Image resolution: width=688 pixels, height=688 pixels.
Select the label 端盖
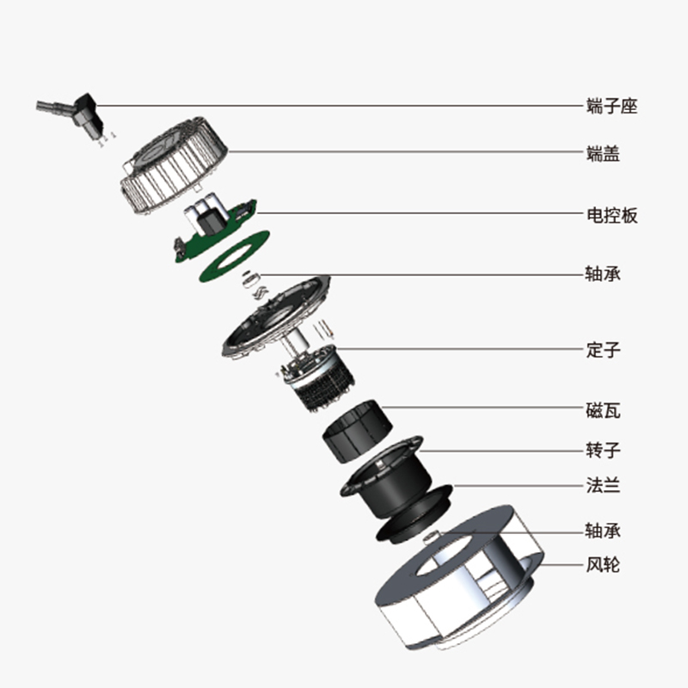pyautogui.click(x=602, y=154)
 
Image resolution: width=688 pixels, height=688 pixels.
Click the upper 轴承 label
pyautogui.click(x=602, y=274)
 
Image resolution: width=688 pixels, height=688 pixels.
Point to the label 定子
pyautogui.click(x=602, y=350)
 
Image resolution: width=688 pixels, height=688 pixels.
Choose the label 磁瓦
pyautogui.click(x=602, y=410)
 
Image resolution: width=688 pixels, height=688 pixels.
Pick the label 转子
pyautogui.click(x=602, y=450)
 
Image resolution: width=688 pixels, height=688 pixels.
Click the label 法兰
pyautogui.click(x=602, y=486)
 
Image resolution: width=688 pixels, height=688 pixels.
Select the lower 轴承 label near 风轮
pyautogui.click(x=602, y=530)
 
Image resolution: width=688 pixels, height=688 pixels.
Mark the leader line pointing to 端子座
pyautogui.click(x=344, y=106)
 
